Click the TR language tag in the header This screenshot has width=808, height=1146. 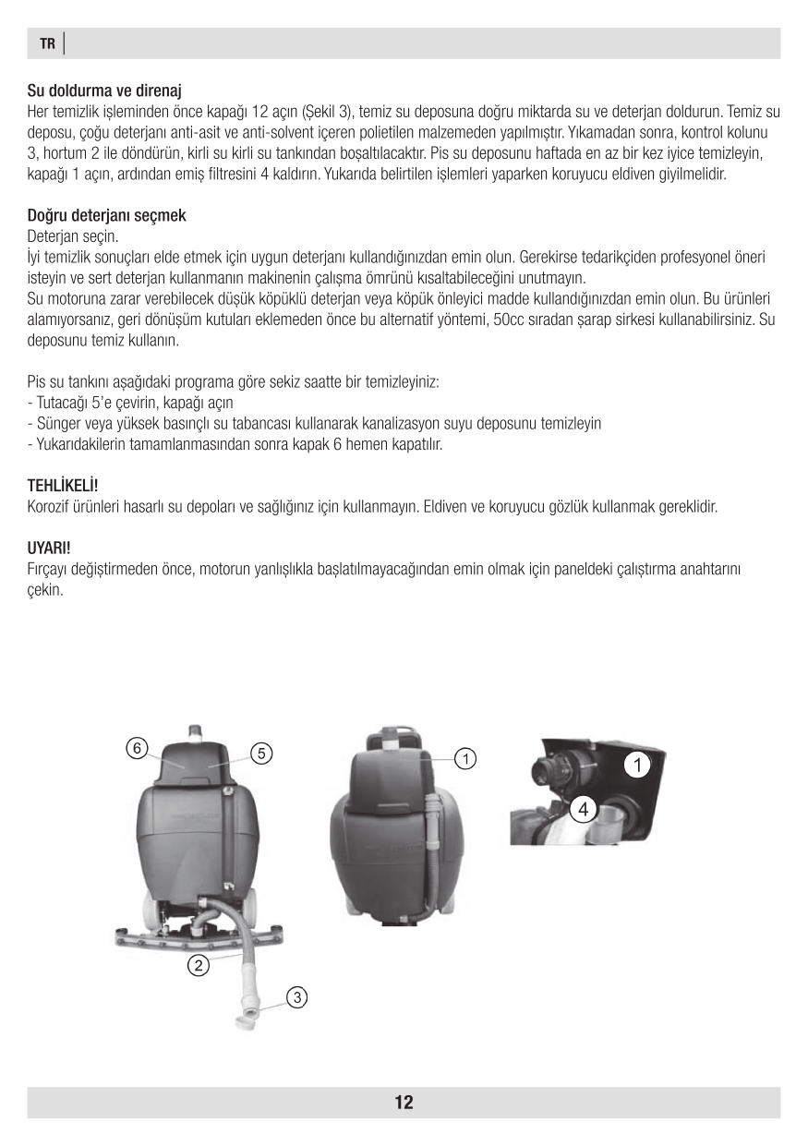point(47,43)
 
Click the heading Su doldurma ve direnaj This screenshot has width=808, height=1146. point(103,90)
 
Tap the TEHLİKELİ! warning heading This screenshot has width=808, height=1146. point(62,485)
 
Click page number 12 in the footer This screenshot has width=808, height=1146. point(404,1102)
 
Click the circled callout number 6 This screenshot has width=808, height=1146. point(137,748)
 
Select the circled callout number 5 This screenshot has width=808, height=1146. point(262,753)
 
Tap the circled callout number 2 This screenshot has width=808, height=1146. point(198,966)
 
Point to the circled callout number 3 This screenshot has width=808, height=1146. point(296,997)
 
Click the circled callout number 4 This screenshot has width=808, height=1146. point(582,810)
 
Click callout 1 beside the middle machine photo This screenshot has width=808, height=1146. point(466,758)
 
